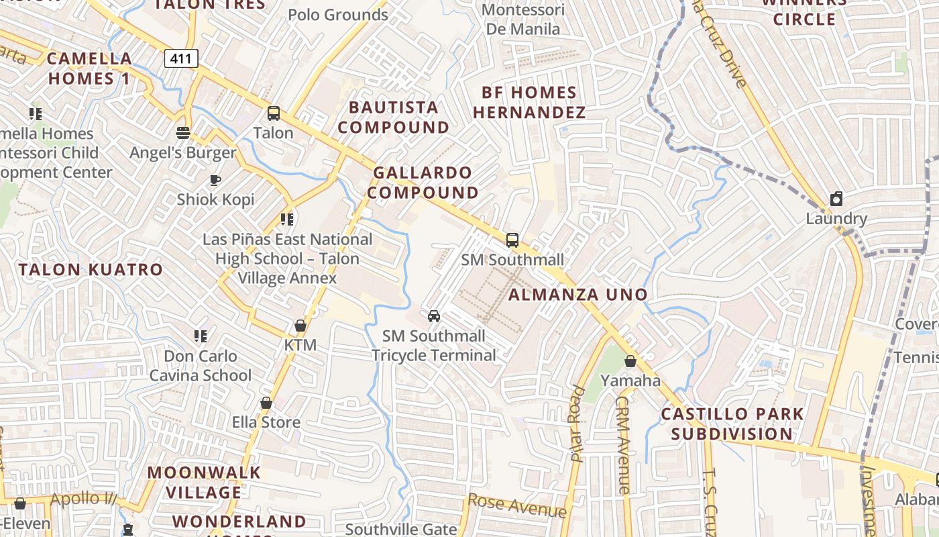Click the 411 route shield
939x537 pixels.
coord(182,59)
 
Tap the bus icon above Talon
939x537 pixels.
coord(273,113)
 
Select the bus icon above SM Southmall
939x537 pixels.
coord(512,240)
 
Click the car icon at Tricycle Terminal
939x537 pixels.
coord(434,315)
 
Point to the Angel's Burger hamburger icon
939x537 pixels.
coord(182,132)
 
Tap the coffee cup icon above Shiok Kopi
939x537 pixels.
coord(215,179)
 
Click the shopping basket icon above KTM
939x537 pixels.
coord(300,326)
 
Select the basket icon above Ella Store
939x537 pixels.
coord(266,403)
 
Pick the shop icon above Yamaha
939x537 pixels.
coord(630,361)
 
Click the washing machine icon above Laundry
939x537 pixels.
coord(836,199)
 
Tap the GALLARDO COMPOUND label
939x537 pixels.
coord(423,183)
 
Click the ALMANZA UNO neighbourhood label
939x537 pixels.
coord(578,295)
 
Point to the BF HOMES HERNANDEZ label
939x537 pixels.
coord(530,102)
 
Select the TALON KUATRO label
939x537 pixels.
coord(91,270)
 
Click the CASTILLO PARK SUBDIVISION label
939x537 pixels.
coord(732,424)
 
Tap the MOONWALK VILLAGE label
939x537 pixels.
coord(204,482)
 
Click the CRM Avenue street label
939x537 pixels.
coord(622,444)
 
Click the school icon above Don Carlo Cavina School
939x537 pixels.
coord(200,336)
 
